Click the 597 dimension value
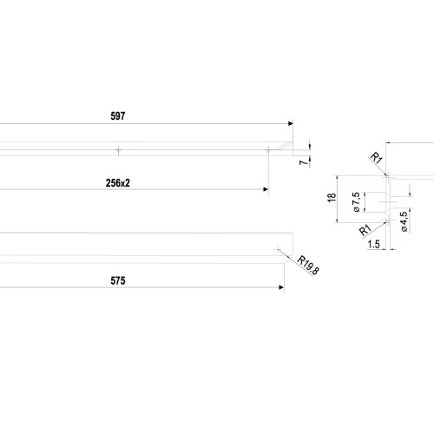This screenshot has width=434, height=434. click(x=118, y=116)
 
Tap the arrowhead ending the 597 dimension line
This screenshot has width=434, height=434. click(x=291, y=123)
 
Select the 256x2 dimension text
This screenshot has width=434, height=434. click(x=118, y=183)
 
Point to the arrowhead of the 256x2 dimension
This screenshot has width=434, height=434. click(x=266, y=189)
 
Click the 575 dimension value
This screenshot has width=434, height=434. click(x=118, y=280)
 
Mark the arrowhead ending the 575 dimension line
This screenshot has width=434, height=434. click(x=281, y=287)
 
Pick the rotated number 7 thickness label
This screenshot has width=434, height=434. click(x=304, y=162)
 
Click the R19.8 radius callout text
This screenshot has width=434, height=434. click(x=308, y=266)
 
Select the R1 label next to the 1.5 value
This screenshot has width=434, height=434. click(x=365, y=230)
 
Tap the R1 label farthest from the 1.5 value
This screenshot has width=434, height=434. click(x=377, y=159)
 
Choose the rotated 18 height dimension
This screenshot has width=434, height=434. click(x=332, y=197)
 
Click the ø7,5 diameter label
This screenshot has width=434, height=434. click(x=357, y=202)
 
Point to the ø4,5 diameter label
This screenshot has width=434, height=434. click(x=404, y=221)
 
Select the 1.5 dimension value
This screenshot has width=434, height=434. click(x=373, y=245)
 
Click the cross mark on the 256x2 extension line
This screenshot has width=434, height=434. click(x=268, y=150)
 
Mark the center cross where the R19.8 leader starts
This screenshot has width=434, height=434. click(x=278, y=249)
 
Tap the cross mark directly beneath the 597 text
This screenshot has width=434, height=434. click(x=118, y=150)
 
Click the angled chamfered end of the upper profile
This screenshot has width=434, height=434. click(x=285, y=146)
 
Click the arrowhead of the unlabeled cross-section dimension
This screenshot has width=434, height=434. click(x=388, y=142)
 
